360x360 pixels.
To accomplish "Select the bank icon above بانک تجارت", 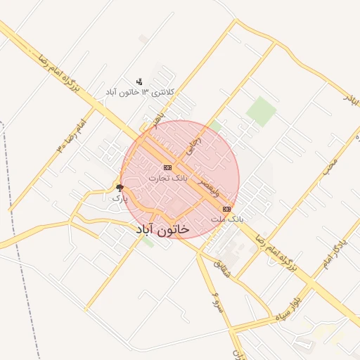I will pyautogui.click(x=167, y=167).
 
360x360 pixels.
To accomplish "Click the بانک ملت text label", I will pyautogui.click(x=227, y=219).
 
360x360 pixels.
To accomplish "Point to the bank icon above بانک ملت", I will pyautogui.click(x=226, y=209).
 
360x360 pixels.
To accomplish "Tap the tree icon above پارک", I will pyautogui.click(x=120, y=188).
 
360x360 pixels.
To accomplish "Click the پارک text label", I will pyautogui.click(x=120, y=198).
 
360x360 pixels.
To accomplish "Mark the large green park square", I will pyautogui.click(x=261, y=110).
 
